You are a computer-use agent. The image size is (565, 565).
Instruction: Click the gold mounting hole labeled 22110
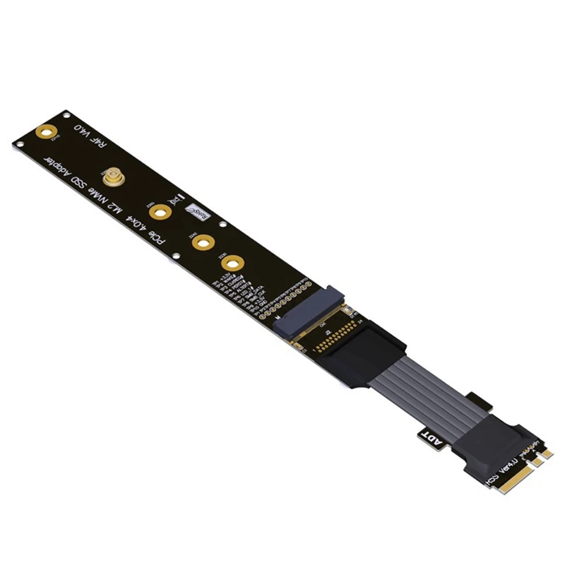coord(47,131)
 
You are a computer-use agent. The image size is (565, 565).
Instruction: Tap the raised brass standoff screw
coord(112,174)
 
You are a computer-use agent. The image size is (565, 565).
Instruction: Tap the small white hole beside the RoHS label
coord(222,226)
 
